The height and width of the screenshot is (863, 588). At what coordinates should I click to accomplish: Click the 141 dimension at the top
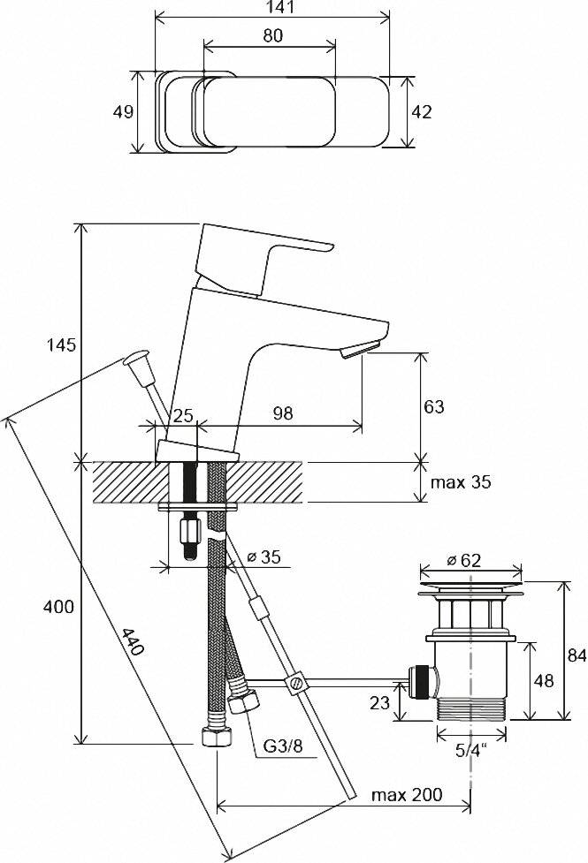[x=272, y=8]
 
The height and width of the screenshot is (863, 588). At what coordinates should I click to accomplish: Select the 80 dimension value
[x=271, y=36]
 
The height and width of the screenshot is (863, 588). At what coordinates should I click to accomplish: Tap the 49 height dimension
[x=124, y=112]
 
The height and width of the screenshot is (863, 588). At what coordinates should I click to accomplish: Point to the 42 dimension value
[x=422, y=112]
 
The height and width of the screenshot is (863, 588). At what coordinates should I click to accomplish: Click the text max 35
[x=460, y=483]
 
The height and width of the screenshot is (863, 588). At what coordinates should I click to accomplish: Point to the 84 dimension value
[x=577, y=655]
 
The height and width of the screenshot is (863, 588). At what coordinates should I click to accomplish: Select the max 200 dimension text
[x=406, y=794]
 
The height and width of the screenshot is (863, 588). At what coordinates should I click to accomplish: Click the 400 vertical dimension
[x=58, y=607]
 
